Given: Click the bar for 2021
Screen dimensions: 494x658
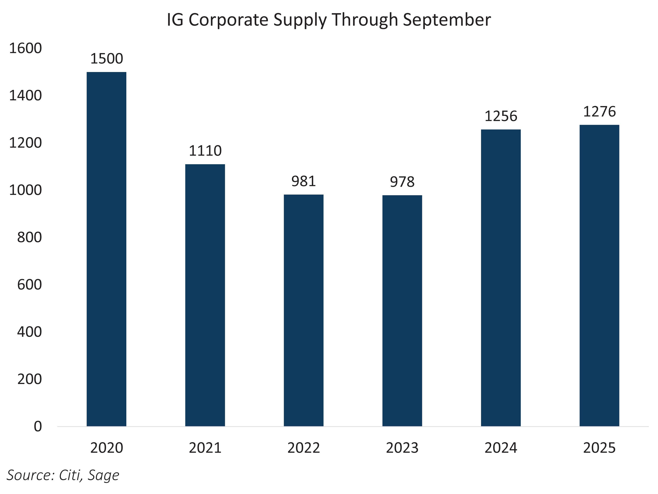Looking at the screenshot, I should [205, 295].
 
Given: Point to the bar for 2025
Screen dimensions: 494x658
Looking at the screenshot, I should [599, 276].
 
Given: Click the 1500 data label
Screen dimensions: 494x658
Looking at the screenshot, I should [107, 59].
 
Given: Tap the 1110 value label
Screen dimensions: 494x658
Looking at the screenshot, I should [205, 151].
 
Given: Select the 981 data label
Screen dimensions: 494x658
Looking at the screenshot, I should [303, 181].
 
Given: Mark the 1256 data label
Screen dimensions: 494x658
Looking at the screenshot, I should [501, 116].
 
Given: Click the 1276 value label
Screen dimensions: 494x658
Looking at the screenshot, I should [599, 112].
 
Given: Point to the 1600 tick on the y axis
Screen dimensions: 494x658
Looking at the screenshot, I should [26, 49].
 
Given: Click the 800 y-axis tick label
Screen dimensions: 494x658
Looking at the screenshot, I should [29, 238].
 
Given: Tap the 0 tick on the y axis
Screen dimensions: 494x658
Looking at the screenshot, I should [38, 427].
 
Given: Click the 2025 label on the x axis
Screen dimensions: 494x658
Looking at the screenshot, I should [599, 448].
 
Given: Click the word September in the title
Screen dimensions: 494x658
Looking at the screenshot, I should [447, 20].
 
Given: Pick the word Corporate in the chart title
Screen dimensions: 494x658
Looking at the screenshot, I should [229, 20].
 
